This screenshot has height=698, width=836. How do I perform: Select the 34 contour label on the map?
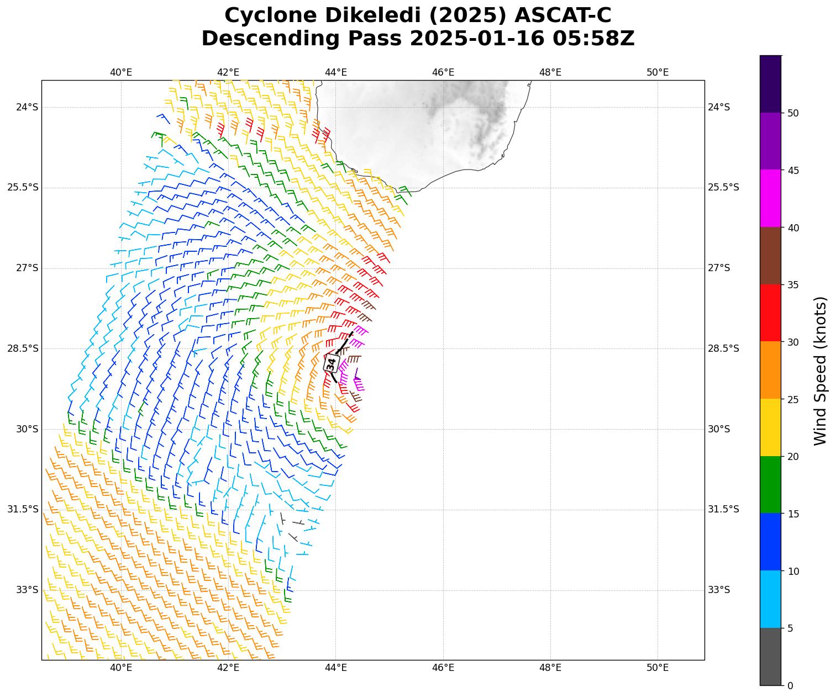331,363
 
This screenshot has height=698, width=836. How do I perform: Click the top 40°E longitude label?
121,72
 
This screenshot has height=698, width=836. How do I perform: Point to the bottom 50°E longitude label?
658,668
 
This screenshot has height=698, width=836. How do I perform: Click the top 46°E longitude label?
443,72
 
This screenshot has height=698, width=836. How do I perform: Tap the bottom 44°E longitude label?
336,668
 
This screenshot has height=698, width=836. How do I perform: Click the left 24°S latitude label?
27,107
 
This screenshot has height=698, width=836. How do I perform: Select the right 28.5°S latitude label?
723,348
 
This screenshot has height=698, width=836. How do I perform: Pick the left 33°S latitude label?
27,590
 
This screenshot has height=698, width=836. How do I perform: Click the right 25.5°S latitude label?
723,188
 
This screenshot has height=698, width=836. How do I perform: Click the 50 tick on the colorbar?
793,113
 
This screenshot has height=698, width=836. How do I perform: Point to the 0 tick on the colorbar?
790,685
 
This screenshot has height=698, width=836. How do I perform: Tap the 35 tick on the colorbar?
793,285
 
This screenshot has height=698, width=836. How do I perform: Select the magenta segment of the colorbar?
771,198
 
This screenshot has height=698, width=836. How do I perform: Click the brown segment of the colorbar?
771,256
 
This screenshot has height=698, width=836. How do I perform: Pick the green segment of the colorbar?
771,484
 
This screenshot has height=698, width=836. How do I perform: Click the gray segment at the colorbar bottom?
771,657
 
